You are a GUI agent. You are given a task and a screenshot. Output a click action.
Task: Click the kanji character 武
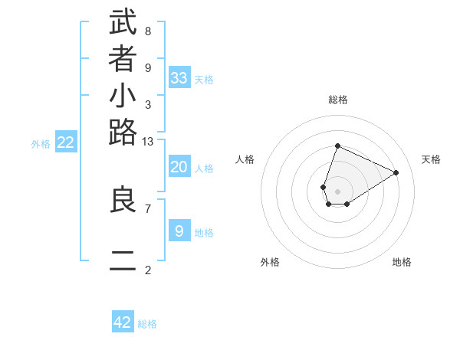123,23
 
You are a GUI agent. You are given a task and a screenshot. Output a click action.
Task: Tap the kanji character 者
123,59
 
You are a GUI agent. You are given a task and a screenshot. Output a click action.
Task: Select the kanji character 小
123,97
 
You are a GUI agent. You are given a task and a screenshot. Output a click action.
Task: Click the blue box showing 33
179,77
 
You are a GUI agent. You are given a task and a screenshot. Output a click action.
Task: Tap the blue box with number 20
179,167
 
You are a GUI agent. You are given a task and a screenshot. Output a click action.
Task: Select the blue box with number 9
179,231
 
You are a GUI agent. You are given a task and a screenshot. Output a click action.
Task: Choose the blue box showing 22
66,142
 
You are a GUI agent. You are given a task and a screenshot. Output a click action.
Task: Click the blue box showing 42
123,322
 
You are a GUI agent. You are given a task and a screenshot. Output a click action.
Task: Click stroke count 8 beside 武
147,31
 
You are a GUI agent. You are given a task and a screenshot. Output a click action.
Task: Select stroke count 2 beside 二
147,270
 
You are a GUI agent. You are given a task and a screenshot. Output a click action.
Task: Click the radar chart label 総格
338,100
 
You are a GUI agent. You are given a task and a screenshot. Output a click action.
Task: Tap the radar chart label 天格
431,159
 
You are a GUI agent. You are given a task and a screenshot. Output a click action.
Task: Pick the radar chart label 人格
245,159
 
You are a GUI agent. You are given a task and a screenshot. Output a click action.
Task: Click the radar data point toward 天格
396,172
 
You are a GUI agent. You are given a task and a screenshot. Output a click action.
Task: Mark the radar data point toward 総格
337,146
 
